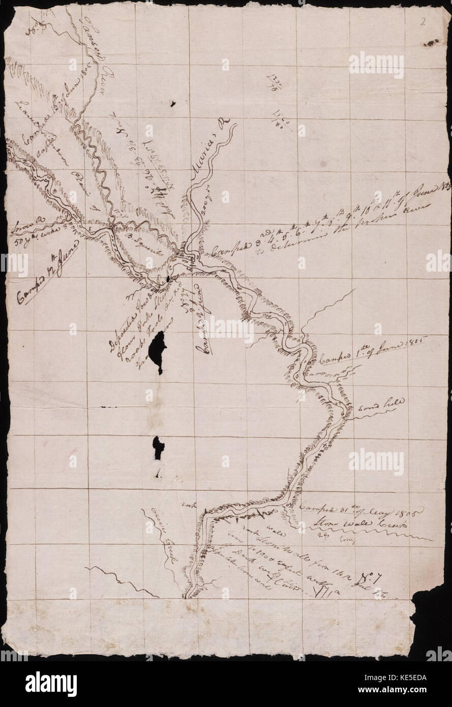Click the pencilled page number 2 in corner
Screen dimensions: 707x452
pyautogui.click(x=423, y=21)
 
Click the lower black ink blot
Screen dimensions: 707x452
pyautogui.click(x=159, y=446)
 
